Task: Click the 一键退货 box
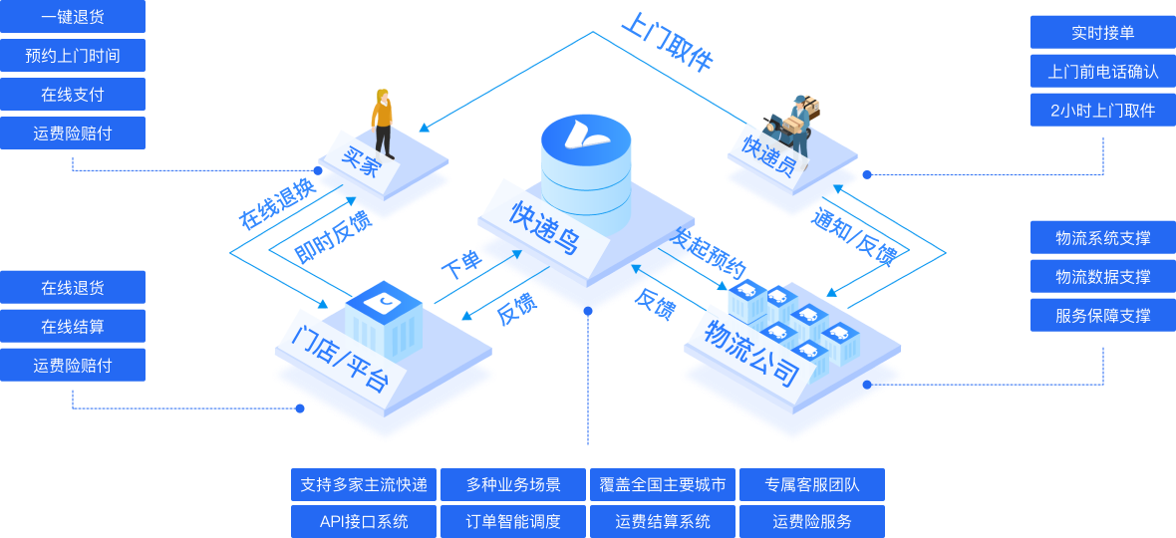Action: coord(73,17)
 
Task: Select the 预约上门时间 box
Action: coord(73,56)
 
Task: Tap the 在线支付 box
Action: coord(73,95)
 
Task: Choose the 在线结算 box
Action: coord(73,327)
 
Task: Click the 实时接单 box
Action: coord(1103,33)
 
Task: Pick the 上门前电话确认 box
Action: coord(1103,72)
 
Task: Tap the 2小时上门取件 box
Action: coord(1103,111)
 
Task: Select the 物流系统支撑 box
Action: coord(1103,238)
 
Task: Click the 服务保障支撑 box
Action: coord(1103,316)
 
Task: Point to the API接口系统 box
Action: coord(364,521)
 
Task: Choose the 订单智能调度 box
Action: coord(513,521)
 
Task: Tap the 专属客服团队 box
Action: coord(812,485)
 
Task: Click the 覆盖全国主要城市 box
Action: coord(663,485)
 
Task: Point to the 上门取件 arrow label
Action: coord(667,42)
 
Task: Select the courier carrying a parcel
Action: coord(797,125)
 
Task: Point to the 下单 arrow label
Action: coord(460,265)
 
